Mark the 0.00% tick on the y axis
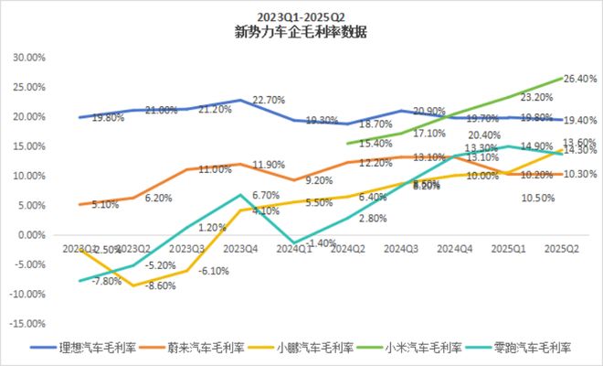click(x=31, y=235)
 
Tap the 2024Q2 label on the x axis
click(x=347, y=248)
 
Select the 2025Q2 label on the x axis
click(x=558, y=248)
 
